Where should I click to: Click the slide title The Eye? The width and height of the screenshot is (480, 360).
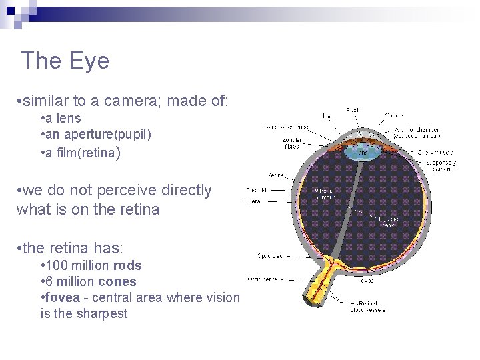point(65,61)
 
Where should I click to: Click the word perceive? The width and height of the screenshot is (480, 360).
point(129,190)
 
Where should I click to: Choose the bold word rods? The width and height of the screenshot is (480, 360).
point(127,265)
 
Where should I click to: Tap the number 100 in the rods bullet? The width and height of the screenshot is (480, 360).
point(57,265)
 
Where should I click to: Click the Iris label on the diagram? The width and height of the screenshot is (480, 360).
point(326,115)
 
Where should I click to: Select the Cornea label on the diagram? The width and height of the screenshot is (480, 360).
point(393,115)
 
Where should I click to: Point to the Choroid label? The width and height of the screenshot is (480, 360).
point(257,189)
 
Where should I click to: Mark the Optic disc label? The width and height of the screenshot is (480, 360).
point(270,255)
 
